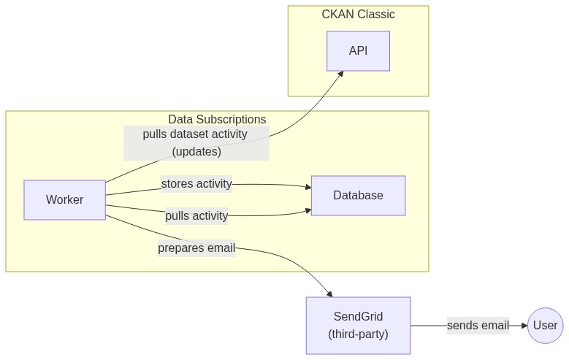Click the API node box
click(358, 51)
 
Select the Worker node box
click(64, 199)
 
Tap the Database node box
click(358, 196)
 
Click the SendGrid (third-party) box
click(358, 326)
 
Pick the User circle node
click(545, 326)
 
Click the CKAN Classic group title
click(358, 15)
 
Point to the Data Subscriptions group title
click(217, 120)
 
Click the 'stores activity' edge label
click(196, 184)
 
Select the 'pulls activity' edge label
click(196, 215)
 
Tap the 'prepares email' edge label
click(196, 248)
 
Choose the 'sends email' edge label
click(478, 326)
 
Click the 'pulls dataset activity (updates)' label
click(196, 143)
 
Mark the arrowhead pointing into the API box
click(340, 74)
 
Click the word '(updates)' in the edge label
click(196, 152)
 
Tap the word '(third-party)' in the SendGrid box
click(358, 334)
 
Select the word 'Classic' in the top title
click(376, 15)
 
